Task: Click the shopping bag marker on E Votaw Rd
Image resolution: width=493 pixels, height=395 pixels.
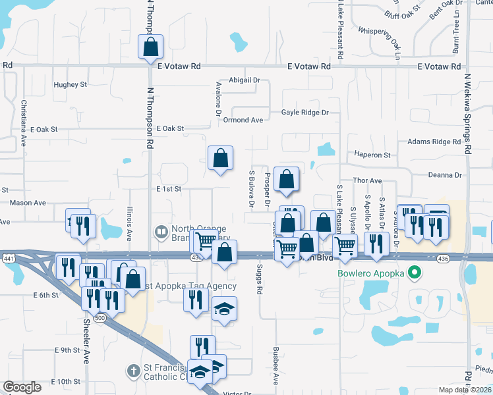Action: [150, 47]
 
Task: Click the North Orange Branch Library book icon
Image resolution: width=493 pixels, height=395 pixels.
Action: [160, 232]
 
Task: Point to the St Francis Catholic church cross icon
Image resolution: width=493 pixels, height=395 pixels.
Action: [134, 371]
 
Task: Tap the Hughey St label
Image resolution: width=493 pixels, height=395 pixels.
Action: [71, 85]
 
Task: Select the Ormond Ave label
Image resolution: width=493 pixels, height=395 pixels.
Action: [243, 120]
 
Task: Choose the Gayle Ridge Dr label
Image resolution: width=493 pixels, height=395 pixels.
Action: [304, 113]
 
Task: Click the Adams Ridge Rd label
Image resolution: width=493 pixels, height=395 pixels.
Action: [434, 142]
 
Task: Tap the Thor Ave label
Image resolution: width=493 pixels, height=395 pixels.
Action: [368, 180]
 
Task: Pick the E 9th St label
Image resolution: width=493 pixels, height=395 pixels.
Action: [67, 350]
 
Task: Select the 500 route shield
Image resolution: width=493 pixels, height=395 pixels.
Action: [100, 317]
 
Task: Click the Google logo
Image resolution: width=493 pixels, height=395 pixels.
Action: [22, 387]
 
